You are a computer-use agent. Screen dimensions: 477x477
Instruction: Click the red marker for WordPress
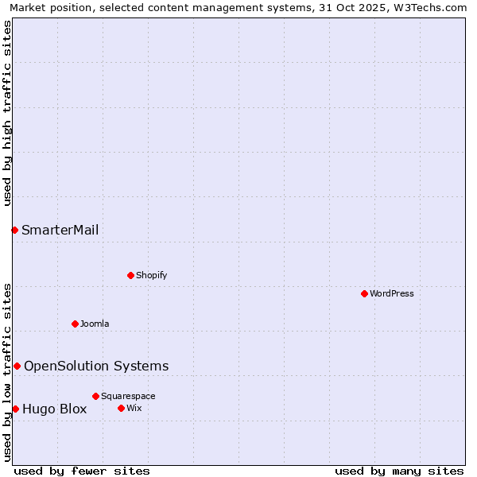pyautogui.click(x=364, y=293)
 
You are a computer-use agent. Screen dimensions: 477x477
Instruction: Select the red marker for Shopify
pyautogui.click(x=130, y=275)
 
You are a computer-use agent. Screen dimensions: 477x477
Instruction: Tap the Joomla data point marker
pyautogui.click(x=75, y=324)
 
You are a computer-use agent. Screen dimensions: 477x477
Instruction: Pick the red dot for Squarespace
pyautogui.click(x=95, y=396)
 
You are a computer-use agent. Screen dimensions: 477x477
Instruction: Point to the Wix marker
pyautogui.click(x=121, y=408)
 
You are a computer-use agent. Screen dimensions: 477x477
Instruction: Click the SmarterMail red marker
pyautogui.click(x=14, y=230)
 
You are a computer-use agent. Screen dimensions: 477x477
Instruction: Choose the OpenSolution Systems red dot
pyautogui.click(x=17, y=366)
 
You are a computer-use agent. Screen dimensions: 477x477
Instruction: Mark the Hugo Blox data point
pyautogui.click(x=15, y=409)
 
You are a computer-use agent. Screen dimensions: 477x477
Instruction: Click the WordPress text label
pyautogui.click(x=392, y=293)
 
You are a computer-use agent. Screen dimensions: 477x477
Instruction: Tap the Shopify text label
pyautogui.click(x=151, y=275)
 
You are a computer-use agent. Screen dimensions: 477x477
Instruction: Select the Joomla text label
pyautogui.click(x=95, y=324)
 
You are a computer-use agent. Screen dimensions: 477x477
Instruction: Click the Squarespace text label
pyautogui.click(x=128, y=396)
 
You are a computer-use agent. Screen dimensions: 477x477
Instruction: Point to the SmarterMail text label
pyautogui.click(x=60, y=230)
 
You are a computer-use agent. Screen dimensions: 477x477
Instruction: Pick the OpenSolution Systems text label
pyautogui.click(x=96, y=366)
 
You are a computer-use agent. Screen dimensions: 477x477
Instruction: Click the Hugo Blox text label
pyautogui.click(x=54, y=409)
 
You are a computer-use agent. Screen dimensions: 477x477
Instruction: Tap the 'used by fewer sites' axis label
pyautogui.click(x=82, y=471)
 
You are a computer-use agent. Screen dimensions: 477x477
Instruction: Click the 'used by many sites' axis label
pyautogui.click(x=399, y=471)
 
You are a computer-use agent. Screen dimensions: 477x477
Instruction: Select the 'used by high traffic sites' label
pyautogui.click(x=7, y=113)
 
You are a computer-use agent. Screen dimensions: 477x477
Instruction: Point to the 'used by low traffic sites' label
pyautogui.click(x=7, y=372)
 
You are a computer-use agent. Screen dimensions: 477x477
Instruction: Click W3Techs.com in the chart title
pyautogui.click(x=432, y=7)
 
